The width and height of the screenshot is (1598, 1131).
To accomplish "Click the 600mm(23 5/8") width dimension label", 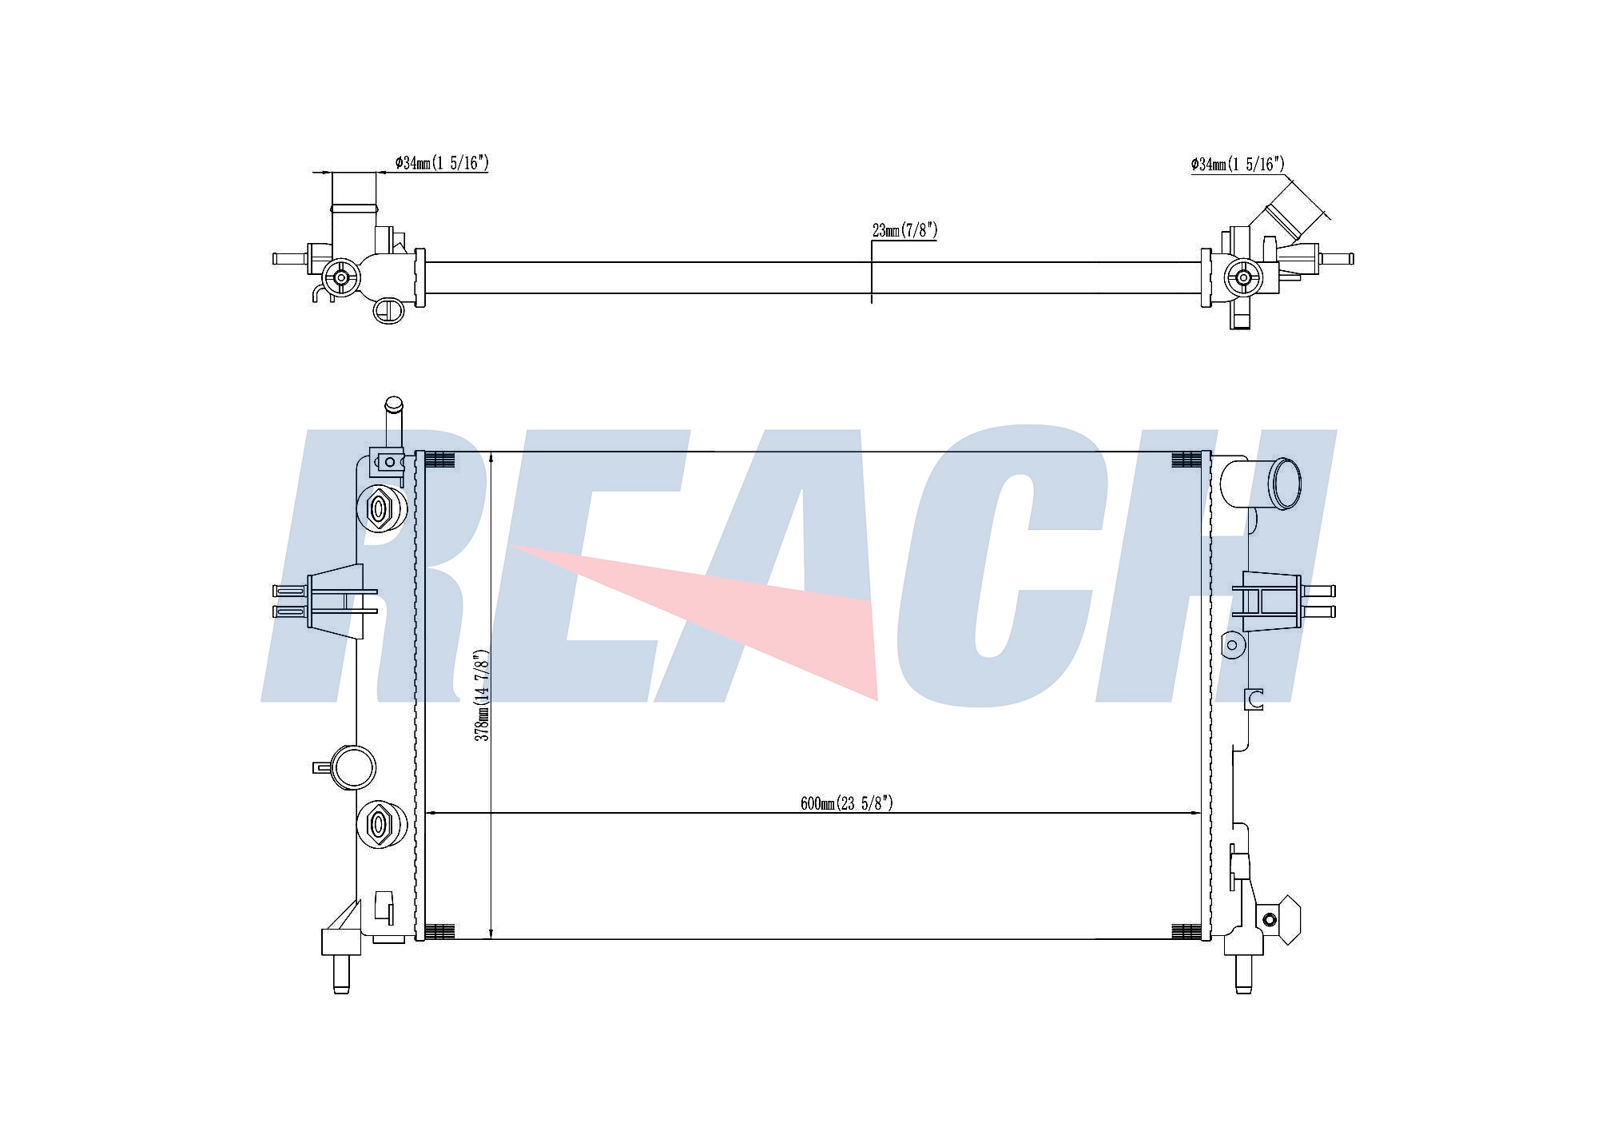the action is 846,802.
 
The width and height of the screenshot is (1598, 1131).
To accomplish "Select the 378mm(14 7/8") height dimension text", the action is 482,695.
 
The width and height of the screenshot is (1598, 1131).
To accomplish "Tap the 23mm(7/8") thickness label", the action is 904,230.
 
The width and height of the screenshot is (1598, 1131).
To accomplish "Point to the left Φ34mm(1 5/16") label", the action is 442,163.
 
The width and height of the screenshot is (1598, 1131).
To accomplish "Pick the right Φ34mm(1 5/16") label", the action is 1238,165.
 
